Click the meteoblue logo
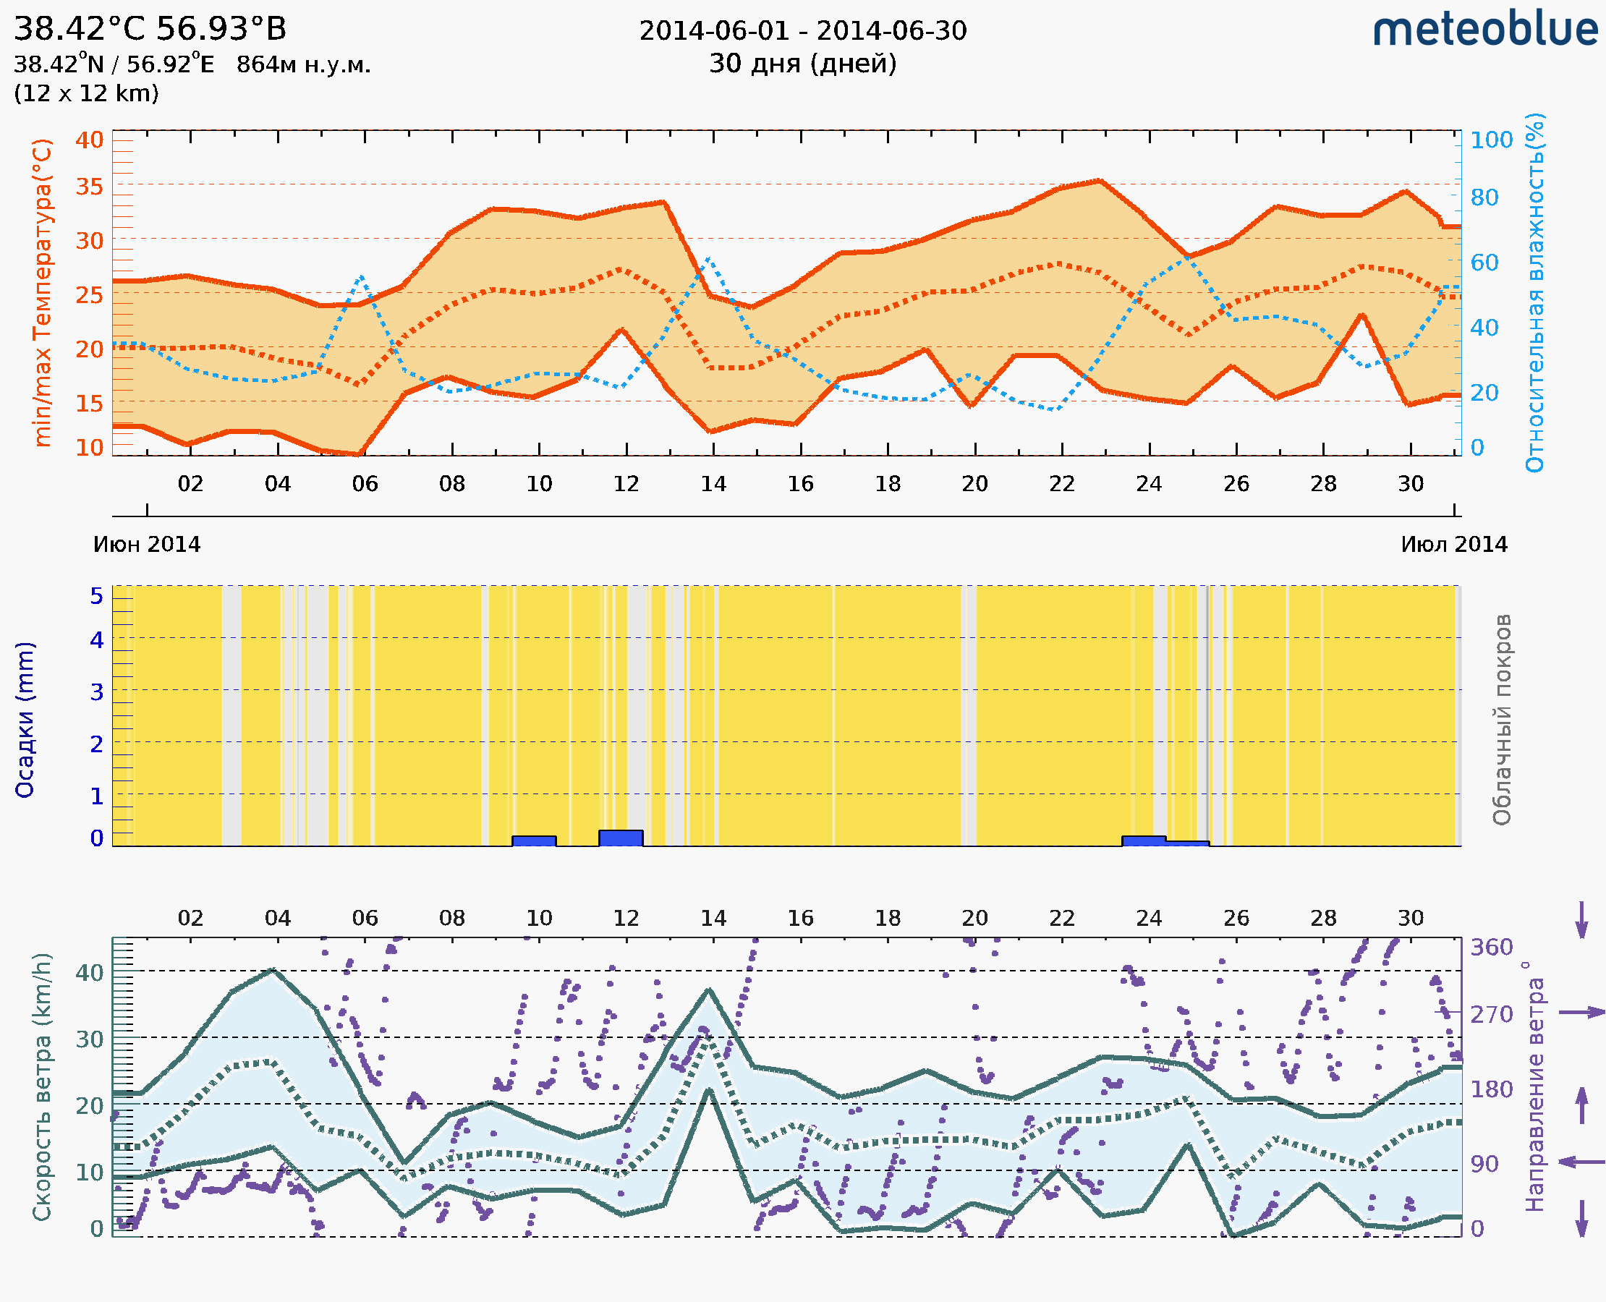tap(1484, 30)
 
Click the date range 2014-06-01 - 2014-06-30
tap(802, 31)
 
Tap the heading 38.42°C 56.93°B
tap(150, 28)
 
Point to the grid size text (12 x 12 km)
tap(86, 94)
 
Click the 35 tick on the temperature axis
tap(89, 186)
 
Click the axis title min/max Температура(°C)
tap(43, 292)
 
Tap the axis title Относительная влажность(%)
tap(1534, 292)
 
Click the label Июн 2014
tap(147, 544)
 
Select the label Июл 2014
tap(1454, 544)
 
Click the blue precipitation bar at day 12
tap(621, 838)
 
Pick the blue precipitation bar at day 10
tap(533, 841)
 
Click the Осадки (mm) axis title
tap(25, 720)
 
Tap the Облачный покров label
tap(1501, 720)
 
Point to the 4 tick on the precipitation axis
tap(97, 639)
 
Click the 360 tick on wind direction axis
tap(1491, 948)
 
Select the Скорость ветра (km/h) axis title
tap(43, 1087)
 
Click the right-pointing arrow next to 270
tap(1581, 1013)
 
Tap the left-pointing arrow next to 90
tap(1581, 1162)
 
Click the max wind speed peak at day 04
tap(273, 970)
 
